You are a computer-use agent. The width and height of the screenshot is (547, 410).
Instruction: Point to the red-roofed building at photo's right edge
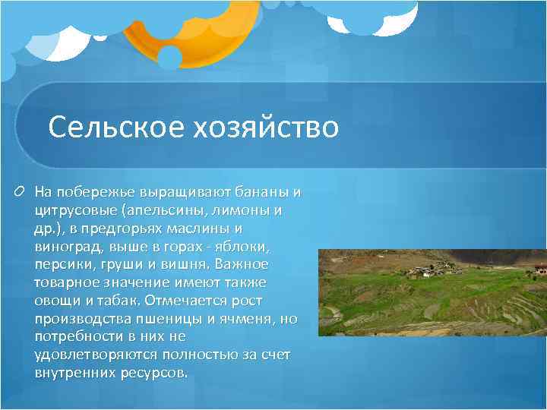point(539,267)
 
